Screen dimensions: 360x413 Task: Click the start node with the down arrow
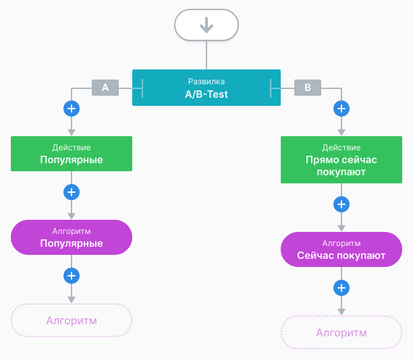click(206, 26)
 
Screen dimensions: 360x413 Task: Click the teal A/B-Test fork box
click(206, 88)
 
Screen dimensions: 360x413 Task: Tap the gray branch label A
click(105, 88)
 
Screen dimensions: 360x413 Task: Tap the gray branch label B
click(308, 88)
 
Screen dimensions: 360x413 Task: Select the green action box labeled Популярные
click(72, 154)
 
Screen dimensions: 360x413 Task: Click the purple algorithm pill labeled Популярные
click(72, 237)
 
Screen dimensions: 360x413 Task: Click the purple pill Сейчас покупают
click(341, 249)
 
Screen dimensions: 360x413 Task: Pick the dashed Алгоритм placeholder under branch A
click(72, 320)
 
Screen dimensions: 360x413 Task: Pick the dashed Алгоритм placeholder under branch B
click(341, 333)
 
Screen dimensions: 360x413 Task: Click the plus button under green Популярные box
click(72, 192)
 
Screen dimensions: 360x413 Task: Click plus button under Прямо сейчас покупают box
click(341, 204)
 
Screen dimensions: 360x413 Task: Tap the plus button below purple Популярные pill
click(72, 275)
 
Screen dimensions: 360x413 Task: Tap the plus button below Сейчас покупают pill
click(341, 288)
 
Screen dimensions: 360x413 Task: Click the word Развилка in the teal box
click(206, 81)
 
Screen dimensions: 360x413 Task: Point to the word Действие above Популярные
click(72, 147)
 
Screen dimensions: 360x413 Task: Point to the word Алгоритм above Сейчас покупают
click(341, 243)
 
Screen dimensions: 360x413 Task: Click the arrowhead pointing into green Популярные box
click(72, 132)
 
